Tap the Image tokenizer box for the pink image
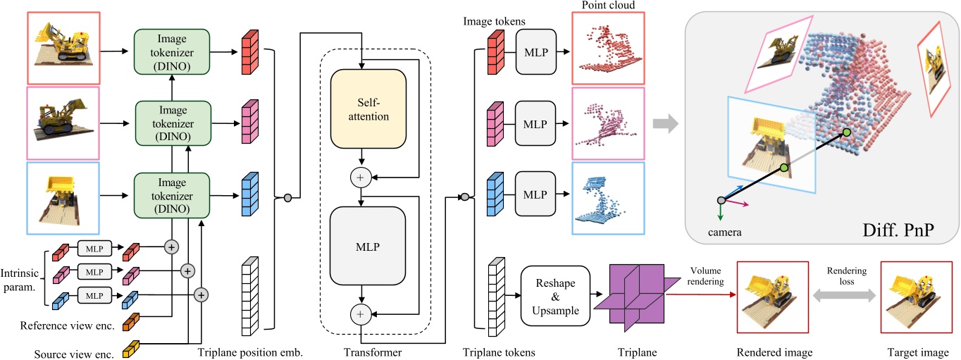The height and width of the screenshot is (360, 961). click(x=173, y=119)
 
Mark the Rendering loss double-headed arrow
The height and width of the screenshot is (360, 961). click(x=842, y=299)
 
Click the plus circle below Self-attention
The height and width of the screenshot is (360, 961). click(x=361, y=178)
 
